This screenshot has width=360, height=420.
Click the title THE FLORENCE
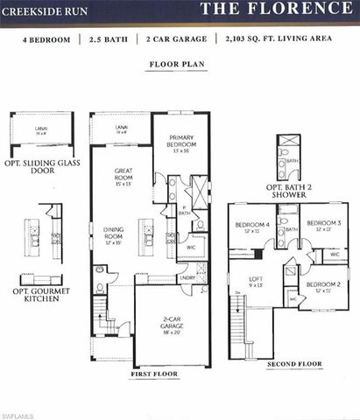(273, 10)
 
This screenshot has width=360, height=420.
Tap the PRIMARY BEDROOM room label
(181, 147)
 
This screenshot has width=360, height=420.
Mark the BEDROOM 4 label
(251, 227)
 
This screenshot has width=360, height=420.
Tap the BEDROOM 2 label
(318, 287)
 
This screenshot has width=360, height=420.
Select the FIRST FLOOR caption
(153, 374)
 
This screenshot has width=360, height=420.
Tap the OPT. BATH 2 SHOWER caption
(291, 192)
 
